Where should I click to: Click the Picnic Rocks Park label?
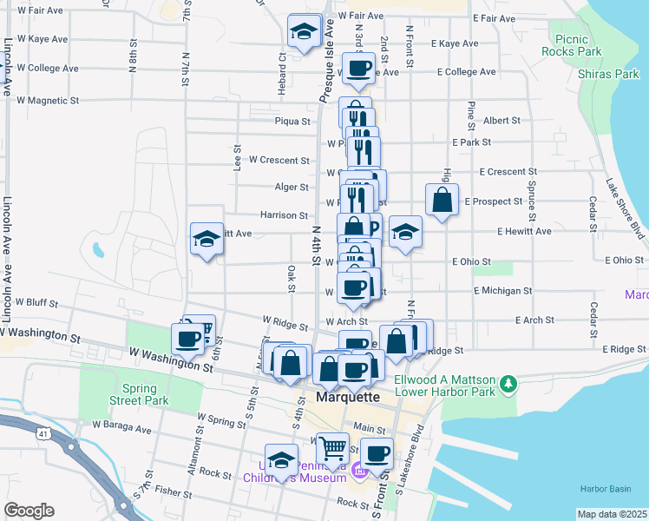(577, 45)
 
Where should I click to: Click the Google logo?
(29, 511)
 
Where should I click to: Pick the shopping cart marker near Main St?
(332, 449)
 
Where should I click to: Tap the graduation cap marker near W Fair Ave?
(303, 32)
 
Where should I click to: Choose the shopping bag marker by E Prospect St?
(442, 200)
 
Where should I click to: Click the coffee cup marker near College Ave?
(358, 68)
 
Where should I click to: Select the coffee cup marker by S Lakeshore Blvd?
(376, 452)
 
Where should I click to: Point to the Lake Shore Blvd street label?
(625, 208)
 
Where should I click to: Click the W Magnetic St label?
(48, 101)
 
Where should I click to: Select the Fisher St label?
(174, 491)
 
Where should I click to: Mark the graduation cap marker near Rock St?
(281, 460)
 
